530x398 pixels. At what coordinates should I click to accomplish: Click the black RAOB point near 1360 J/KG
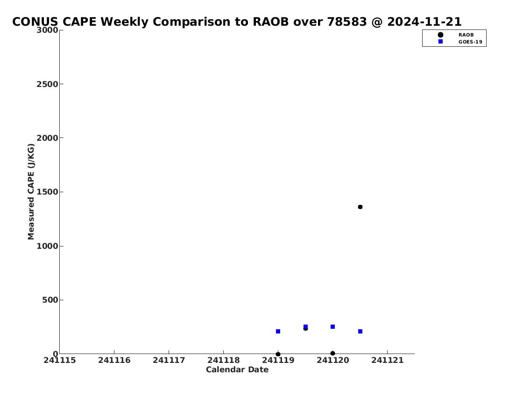tap(360, 207)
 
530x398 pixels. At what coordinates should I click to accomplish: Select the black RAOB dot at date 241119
tap(278, 354)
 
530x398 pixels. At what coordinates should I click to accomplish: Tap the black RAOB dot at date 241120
tap(332, 353)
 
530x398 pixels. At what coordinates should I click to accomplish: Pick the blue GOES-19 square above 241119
tap(278, 331)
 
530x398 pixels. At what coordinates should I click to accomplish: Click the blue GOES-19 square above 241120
tap(332, 326)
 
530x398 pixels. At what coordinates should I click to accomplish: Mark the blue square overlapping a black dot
tap(305, 326)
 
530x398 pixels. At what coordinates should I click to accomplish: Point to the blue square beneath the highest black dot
tap(360, 331)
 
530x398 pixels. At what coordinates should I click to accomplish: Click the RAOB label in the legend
tap(466, 35)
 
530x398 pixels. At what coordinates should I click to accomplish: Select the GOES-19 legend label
tap(470, 42)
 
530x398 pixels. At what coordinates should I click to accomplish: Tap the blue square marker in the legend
tap(440, 41)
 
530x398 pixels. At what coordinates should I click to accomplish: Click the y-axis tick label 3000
tap(47, 30)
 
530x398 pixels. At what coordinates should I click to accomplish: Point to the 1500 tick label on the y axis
tap(47, 192)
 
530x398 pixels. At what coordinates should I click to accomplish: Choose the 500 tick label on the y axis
tap(50, 300)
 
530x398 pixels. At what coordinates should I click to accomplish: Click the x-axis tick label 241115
tap(60, 360)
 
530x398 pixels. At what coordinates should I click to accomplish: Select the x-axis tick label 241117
tap(169, 360)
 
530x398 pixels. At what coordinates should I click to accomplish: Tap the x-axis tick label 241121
tap(388, 360)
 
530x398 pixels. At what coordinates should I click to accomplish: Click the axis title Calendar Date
tap(237, 369)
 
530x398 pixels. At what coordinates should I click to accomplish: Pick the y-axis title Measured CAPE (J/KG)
tap(31, 192)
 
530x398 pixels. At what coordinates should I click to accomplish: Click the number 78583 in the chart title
tap(347, 22)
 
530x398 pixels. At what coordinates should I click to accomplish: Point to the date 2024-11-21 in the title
tap(424, 22)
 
